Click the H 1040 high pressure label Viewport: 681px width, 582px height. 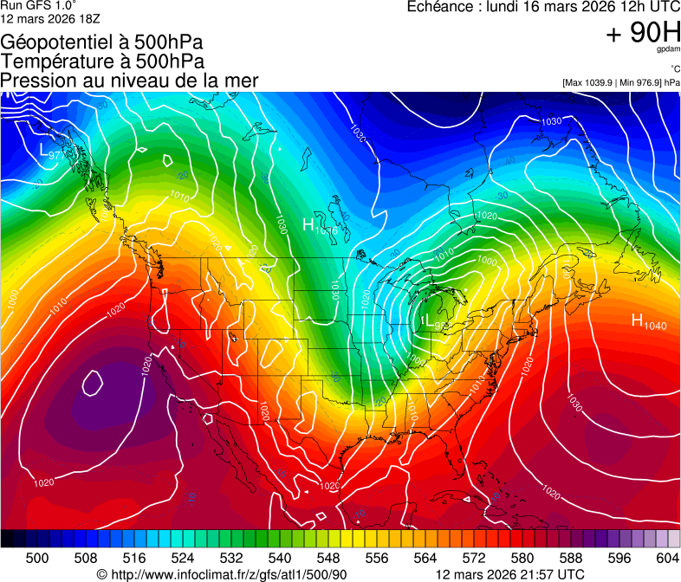coord(649,323)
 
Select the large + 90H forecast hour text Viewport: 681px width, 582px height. coord(643,34)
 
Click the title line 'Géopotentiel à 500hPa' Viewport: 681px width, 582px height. coord(102,42)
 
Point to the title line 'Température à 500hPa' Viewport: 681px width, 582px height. coord(102,61)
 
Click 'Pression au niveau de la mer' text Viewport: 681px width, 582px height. coord(129,81)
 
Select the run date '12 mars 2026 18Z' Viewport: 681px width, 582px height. coord(50,18)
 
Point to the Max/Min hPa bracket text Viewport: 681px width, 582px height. coord(620,82)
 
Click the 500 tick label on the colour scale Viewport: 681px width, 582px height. coord(37,558)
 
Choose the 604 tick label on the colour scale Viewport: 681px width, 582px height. coord(667,558)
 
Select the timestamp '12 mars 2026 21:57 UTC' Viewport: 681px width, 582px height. coord(509,574)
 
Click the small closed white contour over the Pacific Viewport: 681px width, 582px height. coord(93,379)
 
